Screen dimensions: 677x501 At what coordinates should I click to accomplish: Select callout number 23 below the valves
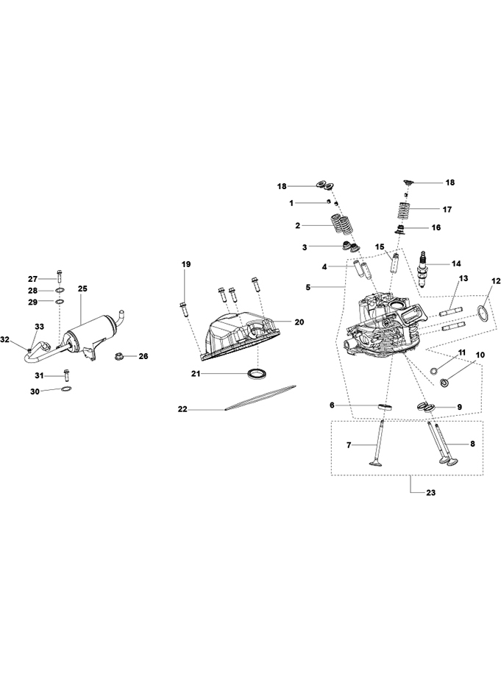(430, 493)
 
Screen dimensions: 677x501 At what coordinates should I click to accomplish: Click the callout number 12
(496, 281)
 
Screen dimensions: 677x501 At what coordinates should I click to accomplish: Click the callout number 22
(183, 409)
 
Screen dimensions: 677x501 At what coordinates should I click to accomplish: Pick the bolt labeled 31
(66, 375)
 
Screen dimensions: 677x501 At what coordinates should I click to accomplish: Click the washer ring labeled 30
(65, 391)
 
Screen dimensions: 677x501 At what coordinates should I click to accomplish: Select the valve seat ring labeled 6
(384, 407)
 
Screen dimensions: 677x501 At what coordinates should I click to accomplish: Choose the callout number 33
(39, 326)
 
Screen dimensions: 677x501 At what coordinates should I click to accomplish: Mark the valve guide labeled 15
(396, 263)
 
